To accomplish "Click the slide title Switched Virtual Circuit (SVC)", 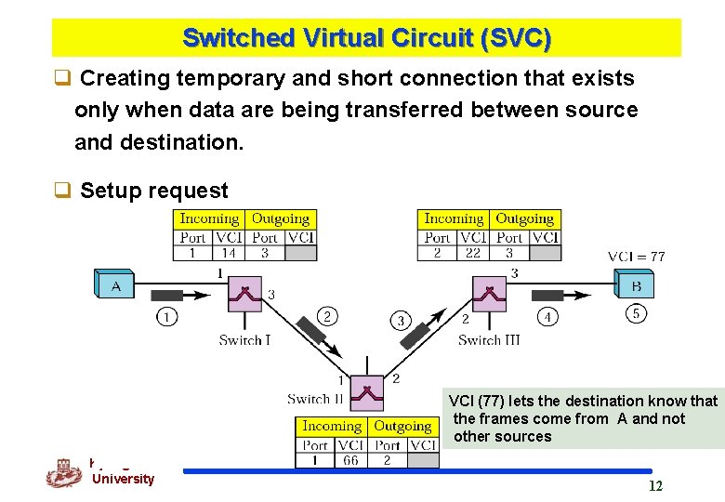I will pyautogui.click(x=366, y=38).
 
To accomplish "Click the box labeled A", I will pyautogui.click(x=114, y=285).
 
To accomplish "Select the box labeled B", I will pyautogui.click(x=635, y=284).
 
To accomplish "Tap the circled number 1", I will pyautogui.click(x=165, y=317).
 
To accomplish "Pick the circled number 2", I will pyautogui.click(x=327, y=317).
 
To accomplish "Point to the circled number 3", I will pyautogui.click(x=401, y=321).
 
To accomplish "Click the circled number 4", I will pyautogui.click(x=547, y=317).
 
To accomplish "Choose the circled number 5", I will pyautogui.click(x=636, y=314).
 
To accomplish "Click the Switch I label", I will pyautogui.click(x=244, y=340).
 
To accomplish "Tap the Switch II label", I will pyautogui.click(x=315, y=399).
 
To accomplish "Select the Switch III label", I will pyautogui.click(x=489, y=340).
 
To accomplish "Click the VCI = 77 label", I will pyautogui.click(x=636, y=257).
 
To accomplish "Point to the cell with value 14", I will pyautogui.click(x=228, y=252).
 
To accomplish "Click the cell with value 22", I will pyautogui.click(x=472, y=252).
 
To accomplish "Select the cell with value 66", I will pyautogui.click(x=349, y=460).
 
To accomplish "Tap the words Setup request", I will pyautogui.click(x=153, y=191).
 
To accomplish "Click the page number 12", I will pyautogui.click(x=655, y=486).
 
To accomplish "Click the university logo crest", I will pyautogui.click(x=63, y=473).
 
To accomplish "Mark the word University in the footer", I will pyautogui.click(x=123, y=479).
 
